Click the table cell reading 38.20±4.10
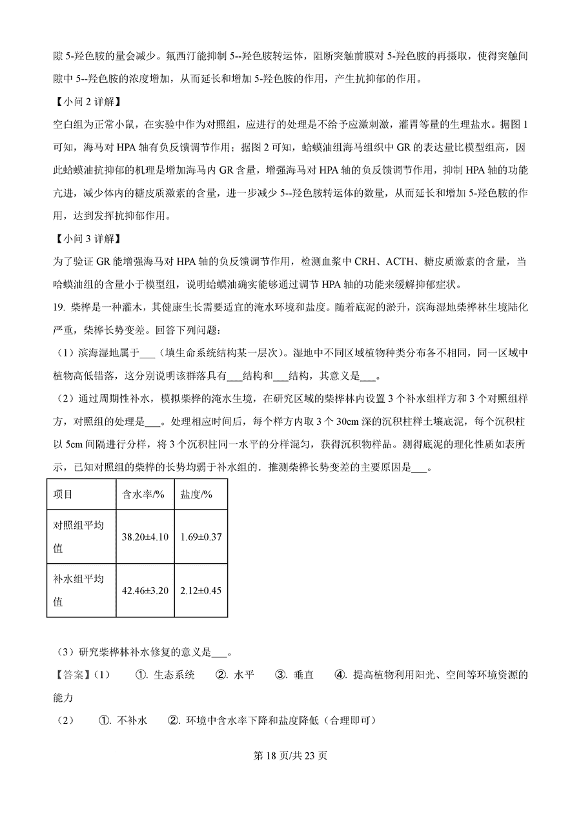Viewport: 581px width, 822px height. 145,537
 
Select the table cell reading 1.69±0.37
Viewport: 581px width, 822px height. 201,537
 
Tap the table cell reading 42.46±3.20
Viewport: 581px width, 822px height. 145,590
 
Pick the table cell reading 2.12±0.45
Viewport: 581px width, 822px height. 201,590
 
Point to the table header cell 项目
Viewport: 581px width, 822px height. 63,494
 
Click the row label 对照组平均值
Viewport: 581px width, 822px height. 78,537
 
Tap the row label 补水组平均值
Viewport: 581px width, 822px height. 78,590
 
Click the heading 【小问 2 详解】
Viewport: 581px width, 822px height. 84,102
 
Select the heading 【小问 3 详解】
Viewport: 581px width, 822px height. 84,239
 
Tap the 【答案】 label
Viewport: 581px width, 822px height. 69,675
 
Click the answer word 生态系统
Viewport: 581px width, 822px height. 174,675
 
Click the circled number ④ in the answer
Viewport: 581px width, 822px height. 340,675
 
